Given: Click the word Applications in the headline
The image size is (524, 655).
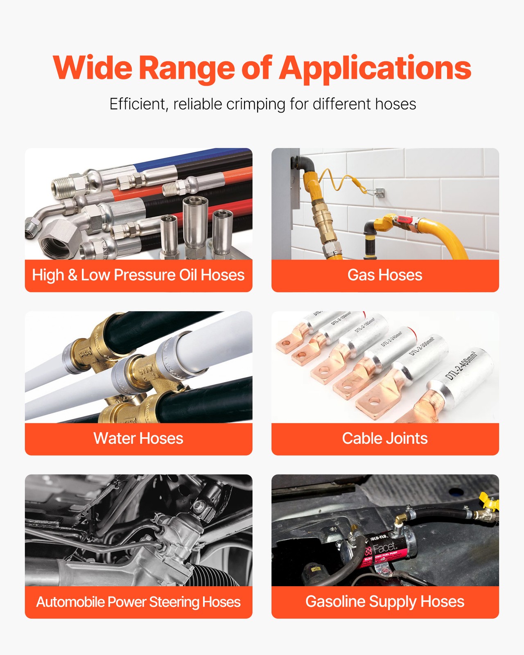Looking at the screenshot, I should point(375,68).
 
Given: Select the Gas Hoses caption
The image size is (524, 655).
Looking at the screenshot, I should point(385,275).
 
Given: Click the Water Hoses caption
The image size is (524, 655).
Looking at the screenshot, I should point(138,438).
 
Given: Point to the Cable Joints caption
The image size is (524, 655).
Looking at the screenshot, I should point(385,438).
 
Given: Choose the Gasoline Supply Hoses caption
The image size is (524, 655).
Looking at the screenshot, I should point(385,602).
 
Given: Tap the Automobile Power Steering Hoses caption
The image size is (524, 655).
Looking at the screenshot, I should point(138,602).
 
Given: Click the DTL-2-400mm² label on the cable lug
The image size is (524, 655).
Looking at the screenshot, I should point(461,365).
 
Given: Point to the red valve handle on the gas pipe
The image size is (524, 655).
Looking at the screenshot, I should point(403,219).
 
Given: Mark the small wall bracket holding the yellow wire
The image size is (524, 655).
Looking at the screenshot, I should point(379,192).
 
